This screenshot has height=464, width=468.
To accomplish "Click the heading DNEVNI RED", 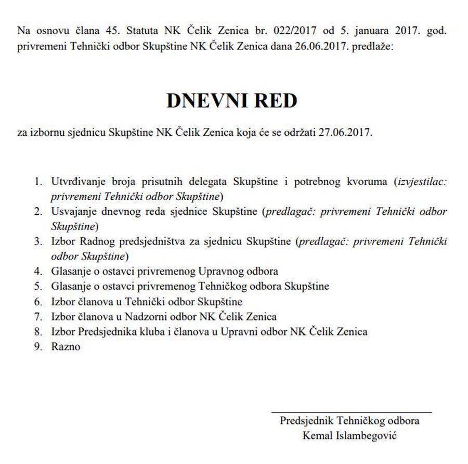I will pos(232,100).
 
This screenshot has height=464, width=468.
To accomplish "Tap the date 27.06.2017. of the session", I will pos(346,132).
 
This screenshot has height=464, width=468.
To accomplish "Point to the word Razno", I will pos(66,346).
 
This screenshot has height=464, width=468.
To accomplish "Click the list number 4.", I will pos(37,271).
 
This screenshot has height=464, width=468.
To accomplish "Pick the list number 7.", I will pos(37,316).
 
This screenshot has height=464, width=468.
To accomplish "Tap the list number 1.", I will pos(37,182).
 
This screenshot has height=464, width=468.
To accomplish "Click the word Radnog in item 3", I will pos(100,241).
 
